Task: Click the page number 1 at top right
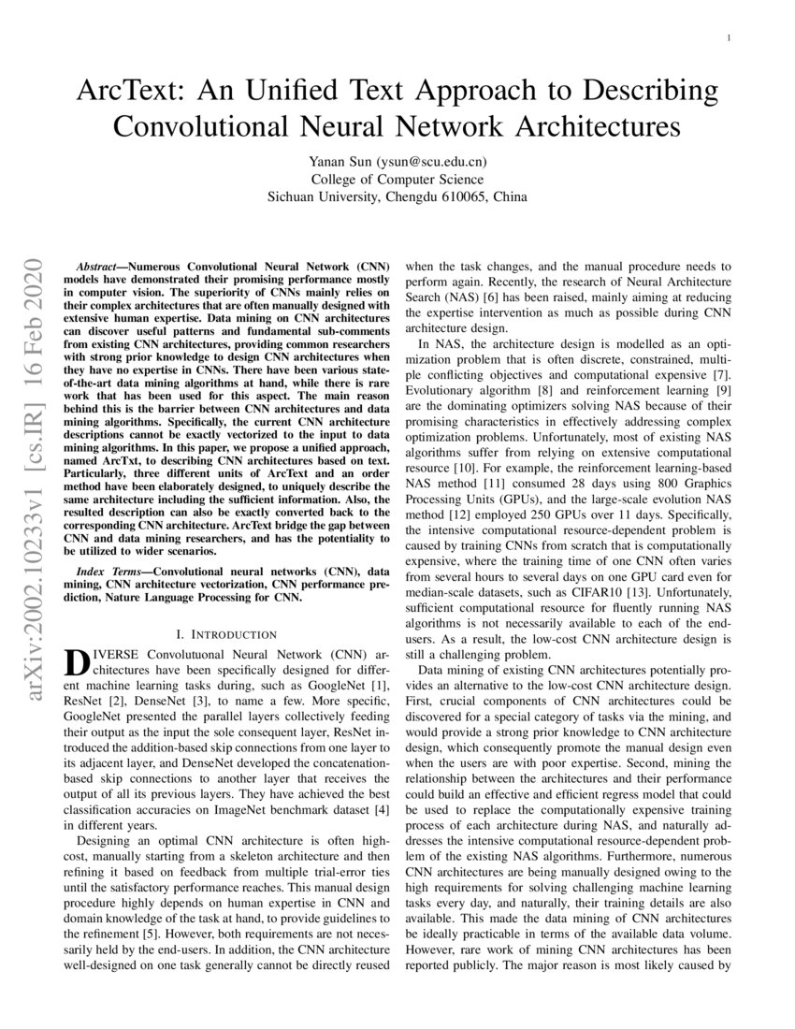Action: point(727,37)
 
